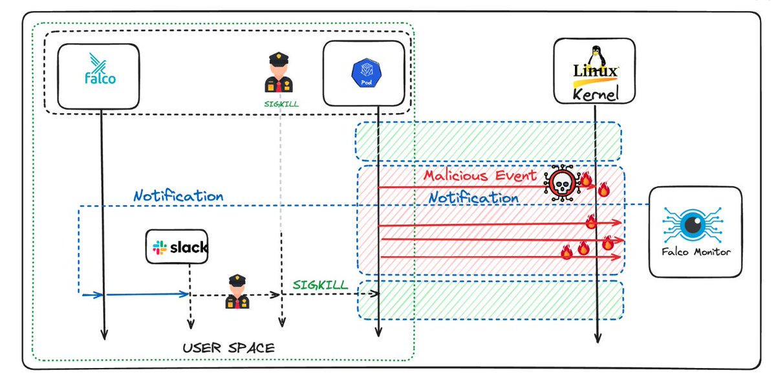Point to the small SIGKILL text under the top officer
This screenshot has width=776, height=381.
point(280,103)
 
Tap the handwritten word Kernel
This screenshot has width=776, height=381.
point(595,94)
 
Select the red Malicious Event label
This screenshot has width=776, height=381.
point(480,175)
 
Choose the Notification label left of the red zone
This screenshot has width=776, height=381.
point(178,195)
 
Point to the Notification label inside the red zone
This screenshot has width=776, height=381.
point(474,197)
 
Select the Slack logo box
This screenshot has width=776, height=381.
point(178,246)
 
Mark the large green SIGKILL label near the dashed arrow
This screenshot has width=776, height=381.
point(321,285)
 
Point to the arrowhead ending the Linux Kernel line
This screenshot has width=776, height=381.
point(596,340)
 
